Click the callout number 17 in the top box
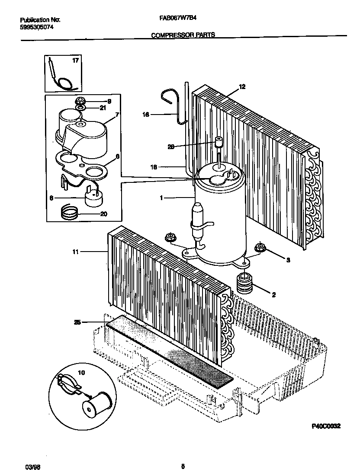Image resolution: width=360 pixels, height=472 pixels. pyautogui.click(x=76, y=61)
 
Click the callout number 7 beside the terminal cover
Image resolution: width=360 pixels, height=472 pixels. pyautogui.click(x=117, y=115)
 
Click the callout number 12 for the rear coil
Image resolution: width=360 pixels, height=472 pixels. pyautogui.click(x=242, y=87)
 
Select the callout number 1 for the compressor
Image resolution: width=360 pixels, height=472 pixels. pyautogui.click(x=161, y=198)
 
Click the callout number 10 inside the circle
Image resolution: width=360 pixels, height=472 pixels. pyautogui.click(x=81, y=372)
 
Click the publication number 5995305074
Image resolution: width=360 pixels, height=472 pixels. pyautogui.click(x=37, y=27)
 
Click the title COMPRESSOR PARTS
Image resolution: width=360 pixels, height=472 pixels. pyautogui.click(x=183, y=36)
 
